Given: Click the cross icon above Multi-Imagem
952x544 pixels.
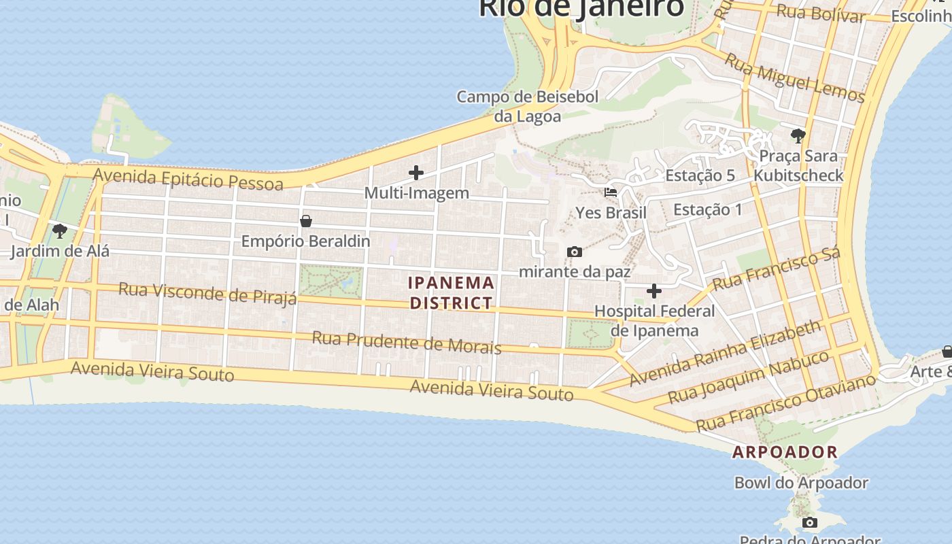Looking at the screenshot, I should [x=415, y=173].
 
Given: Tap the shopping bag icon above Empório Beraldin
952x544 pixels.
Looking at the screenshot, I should [x=306, y=221].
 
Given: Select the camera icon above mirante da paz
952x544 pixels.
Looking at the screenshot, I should [x=575, y=252].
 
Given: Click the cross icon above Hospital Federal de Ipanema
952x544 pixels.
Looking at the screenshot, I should [x=654, y=291].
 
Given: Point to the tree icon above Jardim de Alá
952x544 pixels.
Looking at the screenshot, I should [x=60, y=231].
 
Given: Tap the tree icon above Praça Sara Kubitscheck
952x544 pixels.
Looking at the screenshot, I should [x=798, y=135].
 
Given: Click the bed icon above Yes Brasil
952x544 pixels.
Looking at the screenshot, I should [x=611, y=192].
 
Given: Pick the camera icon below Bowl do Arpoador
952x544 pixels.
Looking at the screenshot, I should [x=810, y=522].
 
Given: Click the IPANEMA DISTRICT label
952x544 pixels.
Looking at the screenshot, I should [x=452, y=292].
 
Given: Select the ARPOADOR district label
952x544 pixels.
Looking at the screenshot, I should [x=785, y=452].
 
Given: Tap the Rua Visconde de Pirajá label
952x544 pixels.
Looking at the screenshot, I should [x=208, y=294].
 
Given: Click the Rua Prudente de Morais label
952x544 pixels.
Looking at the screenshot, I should [x=407, y=343].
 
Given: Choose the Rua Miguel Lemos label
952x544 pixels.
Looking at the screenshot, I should [x=794, y=78].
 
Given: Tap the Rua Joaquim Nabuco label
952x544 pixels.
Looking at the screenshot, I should [x=749, y=376].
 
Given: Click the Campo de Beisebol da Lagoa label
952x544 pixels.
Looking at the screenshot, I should [x=528, y=106].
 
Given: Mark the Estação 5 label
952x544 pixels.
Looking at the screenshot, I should [x=700, y=175].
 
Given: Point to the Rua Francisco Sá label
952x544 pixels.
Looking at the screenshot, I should [x=777, y=268].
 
